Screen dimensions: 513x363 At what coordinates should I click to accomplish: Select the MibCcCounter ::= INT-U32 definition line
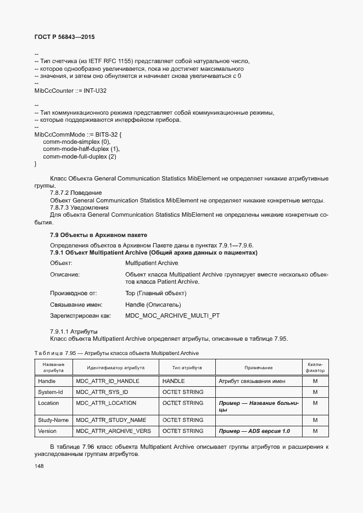click(x=70, y=91)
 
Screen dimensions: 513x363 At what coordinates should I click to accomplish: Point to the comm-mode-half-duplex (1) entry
click(x=81, y=149)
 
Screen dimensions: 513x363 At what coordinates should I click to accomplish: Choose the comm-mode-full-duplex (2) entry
click(x=80, y=157)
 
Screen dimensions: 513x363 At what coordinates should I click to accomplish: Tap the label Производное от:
click(x=73, y=294)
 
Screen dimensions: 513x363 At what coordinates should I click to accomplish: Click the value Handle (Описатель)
click(x=153, y=305)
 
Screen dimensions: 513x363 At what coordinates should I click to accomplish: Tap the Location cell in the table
click(x=48, y=403)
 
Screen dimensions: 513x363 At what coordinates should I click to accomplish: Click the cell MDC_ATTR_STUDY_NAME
click(x=111, y=420)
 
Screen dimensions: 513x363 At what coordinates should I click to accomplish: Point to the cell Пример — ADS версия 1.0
click(x=254, y=431)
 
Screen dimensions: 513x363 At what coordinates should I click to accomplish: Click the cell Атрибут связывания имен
click(x=252, y=381)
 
